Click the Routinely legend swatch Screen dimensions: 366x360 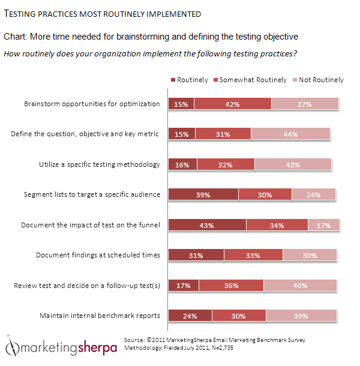(173, 80)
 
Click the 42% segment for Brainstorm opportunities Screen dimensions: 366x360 (233, 104)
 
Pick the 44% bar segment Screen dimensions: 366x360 (291, 134)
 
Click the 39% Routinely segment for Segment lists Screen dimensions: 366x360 (203, 194)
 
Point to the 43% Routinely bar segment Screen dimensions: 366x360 (207, 225)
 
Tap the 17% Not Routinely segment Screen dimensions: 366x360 (324, 225)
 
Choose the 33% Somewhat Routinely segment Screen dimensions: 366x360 (253, 255)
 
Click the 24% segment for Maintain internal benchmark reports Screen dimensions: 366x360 (190, 316)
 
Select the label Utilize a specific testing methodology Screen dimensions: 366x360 (91, 164)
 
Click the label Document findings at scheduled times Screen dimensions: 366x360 (98, 255)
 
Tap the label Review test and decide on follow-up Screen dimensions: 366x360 (87, 286)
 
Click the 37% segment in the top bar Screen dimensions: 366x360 (305, 104)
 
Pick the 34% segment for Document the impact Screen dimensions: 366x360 (277, 225)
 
